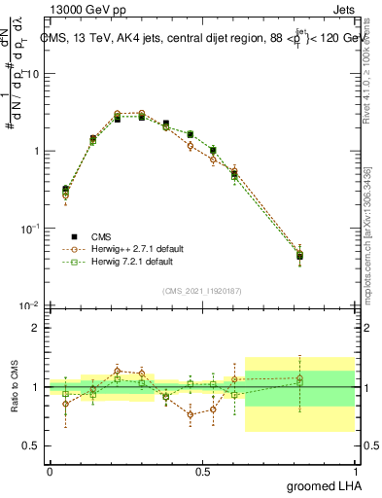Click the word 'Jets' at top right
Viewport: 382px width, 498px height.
pyautogui.click(x=345, y=11)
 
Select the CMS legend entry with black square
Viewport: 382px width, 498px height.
pyautogui.click(x=87, y=236)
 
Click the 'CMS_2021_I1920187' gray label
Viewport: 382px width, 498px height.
pyautogui.click(x=201, y=292)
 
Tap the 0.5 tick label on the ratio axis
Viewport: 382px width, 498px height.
pyautogui.click(x=32, y=445)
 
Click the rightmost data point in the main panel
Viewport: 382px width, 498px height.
pyautogui.click(x=327, y=256)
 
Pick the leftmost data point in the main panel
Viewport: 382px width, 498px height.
pyautogui.click(x=65, y=191)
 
